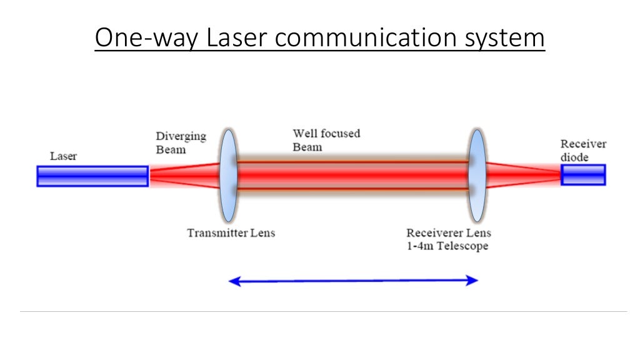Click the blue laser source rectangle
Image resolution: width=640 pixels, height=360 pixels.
pyautogui.click(x=92, y=176)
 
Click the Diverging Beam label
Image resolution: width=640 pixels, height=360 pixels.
pyautogui.click(x=181, y=142)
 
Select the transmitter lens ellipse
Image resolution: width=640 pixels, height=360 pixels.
pyautogui.click(x=229, y=176)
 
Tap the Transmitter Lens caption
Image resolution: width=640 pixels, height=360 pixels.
pyautogui.click(x=231, y=233)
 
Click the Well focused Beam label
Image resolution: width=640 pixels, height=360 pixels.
pyautogui.click(x=326, y=140)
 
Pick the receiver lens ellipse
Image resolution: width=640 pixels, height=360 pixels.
pyautogui.click(x=477, y=176)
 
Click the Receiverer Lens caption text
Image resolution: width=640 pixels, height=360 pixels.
pyautogui.click(x=449, y=233)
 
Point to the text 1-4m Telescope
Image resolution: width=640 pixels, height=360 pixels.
pyautogui.click(x=447, y=246)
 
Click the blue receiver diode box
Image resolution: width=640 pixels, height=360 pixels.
pyautogui.click(x=583, y=175)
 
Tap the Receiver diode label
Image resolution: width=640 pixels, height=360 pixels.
pyautogui.click(x=583, y=151)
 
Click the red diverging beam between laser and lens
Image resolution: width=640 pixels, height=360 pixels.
pyautogui.click(x=184, y=176)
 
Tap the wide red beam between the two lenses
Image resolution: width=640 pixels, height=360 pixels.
pyautogui.click(x=352, y=175)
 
